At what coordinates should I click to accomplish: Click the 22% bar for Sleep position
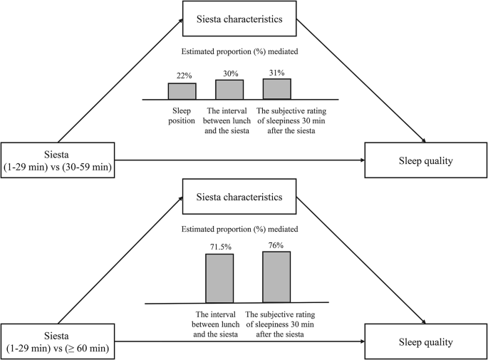point(182,91)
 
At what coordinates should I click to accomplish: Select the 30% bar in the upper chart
point(229,89)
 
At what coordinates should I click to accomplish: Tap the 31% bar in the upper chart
point(276,88)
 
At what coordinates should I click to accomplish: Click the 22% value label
point(182,76)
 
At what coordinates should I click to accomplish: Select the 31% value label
point(276,72)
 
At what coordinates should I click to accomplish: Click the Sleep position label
point(182,116)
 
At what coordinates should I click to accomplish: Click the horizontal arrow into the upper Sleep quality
point(242,160)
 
